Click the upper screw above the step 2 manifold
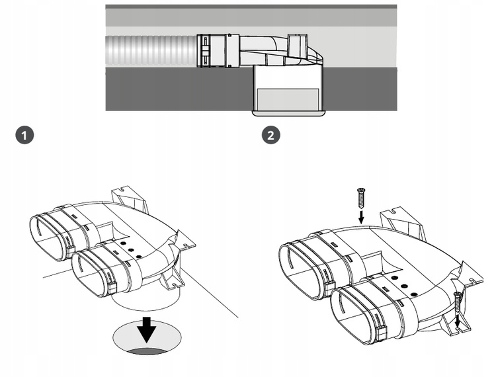click(x=360, y=197)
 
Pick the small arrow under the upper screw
click(x=360, y=216)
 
